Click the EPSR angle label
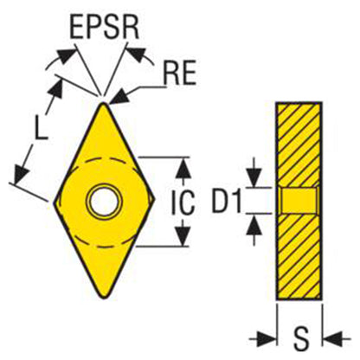point(105,29)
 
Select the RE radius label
point(179,73)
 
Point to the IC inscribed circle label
point(183,202)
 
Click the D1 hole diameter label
point(227,201)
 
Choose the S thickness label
point(300,338)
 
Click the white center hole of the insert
point(104,202)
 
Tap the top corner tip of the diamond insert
point(103,103)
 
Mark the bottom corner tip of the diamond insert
point(104,299)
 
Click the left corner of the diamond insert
point(54,202)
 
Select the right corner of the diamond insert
point(155,198)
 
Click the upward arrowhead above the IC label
point(183,168)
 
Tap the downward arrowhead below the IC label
point(183,236)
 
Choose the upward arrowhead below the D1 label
point(254,224)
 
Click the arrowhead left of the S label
point(266,339)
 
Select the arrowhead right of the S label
point(332,339)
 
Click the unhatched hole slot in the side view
point(299,201)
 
